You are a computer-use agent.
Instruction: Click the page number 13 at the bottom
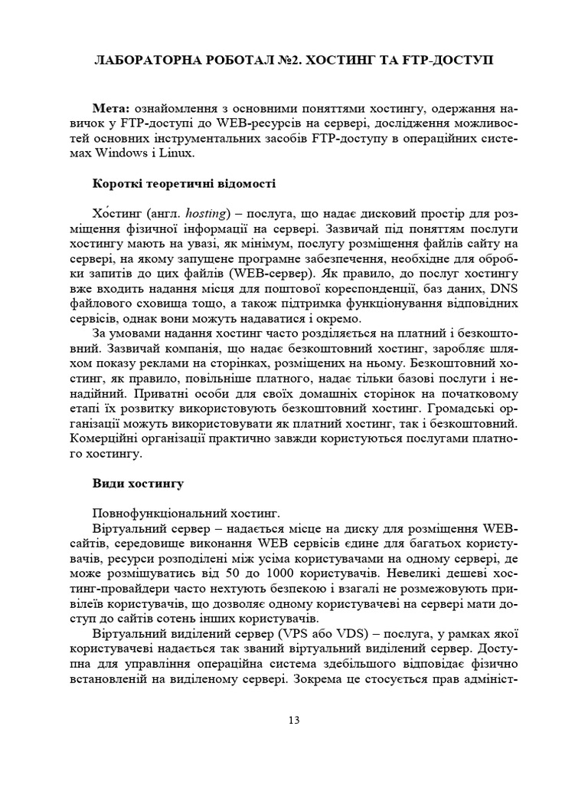coord(294,719)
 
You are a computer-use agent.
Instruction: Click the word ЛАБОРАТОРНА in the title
coord(142,61)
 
